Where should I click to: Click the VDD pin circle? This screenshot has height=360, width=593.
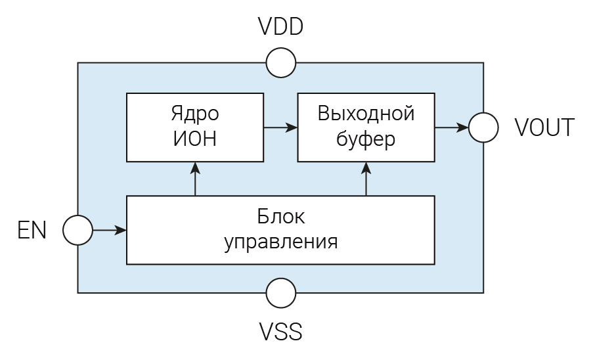pyautogui.click(x=281, y=63)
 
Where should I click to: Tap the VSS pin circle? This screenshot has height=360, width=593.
pyautogui.click(x=281, y=292)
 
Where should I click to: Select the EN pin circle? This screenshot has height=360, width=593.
pyautogui.click(x=78, y=231)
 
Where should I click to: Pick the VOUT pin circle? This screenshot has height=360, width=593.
pyautogui.click(x=483, y=127)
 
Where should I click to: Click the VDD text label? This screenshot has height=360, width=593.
pyautogui.click(x=280, y=28)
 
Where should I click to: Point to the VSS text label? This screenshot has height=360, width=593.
pyautogui.click(x=280, y=332)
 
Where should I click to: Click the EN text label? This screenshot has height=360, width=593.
pyautogui.click(x=32, y=231)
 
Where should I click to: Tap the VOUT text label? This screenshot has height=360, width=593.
pyautogui.click(x=544, y=127)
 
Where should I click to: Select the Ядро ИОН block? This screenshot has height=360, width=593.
pyautogui.click(x=195, y=127)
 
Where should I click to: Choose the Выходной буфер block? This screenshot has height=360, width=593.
pyautogui.click(x=366, y=127)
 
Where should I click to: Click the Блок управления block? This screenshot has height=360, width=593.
pyautogui.click(x=280, y=230)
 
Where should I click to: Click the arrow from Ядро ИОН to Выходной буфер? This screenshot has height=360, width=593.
pyautogui.click(x=280, y=127)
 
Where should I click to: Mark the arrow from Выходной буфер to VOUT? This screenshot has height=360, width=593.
pyautogui.click(x=451, y=127)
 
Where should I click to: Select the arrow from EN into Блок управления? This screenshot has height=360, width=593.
pyautogui.click(x=109, y=231)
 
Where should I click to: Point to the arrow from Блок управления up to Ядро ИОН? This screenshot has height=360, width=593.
pyautogui.click(x=195, y=179)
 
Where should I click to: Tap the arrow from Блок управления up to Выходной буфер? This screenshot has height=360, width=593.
pyautogui.click(x=366, y=179)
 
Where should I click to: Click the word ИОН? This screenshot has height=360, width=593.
pyautogui.click(x=195, y=139)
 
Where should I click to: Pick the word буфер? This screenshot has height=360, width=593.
pyautogui.click(x=366, y=139)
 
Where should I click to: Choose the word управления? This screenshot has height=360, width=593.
pyautogui.click(x=280, y=242)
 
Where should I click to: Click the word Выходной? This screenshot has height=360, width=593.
pyautogui.click(x=366, y=114)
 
